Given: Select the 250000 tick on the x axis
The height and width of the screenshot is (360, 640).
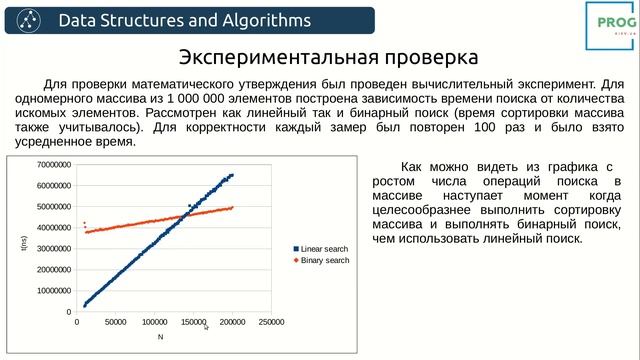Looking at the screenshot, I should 272,322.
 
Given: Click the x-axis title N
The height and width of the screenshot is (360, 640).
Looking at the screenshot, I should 159,337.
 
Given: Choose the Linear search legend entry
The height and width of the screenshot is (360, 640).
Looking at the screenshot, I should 321,248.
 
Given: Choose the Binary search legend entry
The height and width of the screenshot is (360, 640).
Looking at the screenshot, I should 321,260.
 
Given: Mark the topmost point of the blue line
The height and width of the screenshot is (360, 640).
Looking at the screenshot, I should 232,175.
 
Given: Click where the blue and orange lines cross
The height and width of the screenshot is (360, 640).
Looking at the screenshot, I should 188,213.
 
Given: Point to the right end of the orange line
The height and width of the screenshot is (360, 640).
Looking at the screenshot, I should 232,207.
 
